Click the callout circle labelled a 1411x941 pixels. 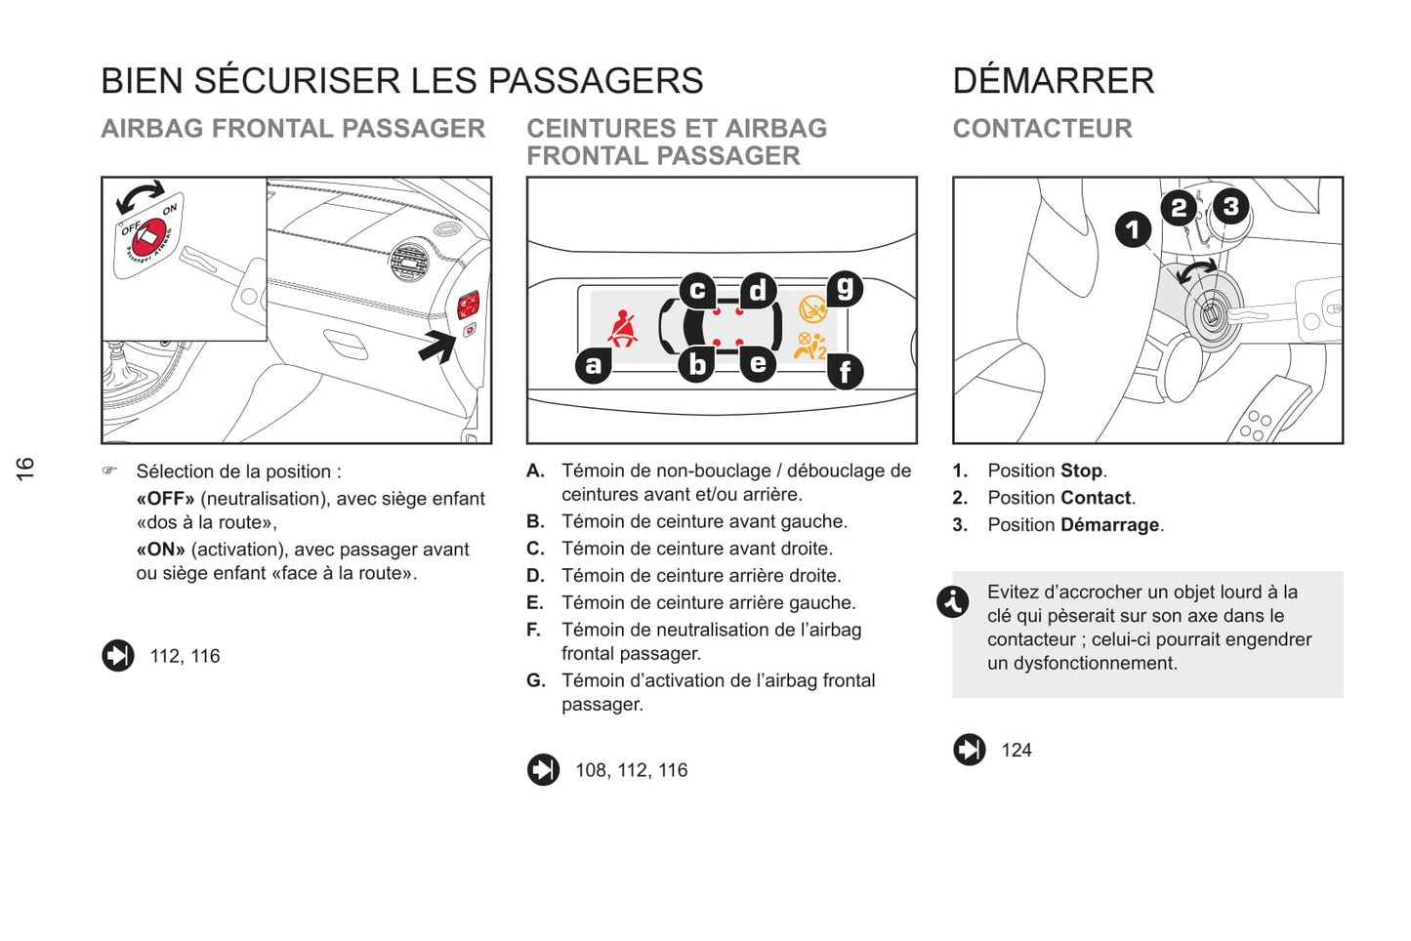tap(594, 365)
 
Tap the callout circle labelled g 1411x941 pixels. tap(846, 288)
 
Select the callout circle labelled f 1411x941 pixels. tap(846, 371)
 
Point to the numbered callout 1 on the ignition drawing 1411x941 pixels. tap(1133, 230)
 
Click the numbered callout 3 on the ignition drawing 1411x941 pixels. tap(1230, 206)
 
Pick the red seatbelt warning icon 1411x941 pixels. tap(622, 329)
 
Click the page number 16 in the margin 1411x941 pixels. tap(25, 469)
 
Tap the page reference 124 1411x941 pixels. tap(1016, 751)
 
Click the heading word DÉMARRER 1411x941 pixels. tap(1053, 81)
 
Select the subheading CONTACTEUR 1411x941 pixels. tap(1042, 129)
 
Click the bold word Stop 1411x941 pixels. tap(1081, 470)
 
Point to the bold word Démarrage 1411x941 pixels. tap(1109, 525)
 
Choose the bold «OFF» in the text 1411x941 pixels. tap(165, 499)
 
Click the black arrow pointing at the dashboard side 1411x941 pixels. tap(437, 347)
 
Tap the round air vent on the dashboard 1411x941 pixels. tap(409, 261)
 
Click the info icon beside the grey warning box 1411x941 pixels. tap(953, 601)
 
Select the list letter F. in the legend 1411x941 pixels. tap(534, 631)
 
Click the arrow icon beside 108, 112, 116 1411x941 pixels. tap(544, 770)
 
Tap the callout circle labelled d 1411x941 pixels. tap(758, 290)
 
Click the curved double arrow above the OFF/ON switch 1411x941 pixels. tap(140, 195)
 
